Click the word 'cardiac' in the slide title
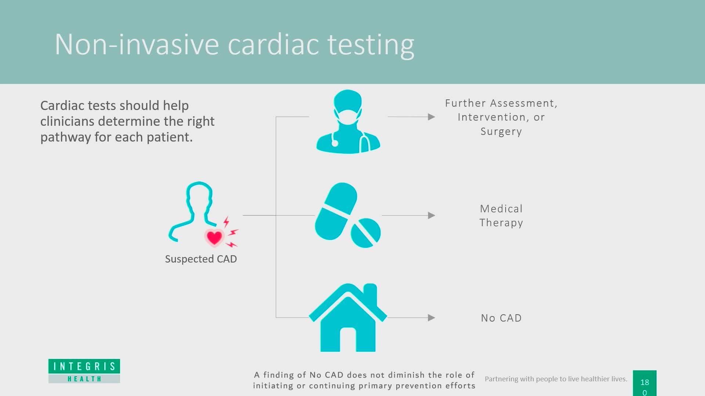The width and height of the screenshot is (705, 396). pos(274,44)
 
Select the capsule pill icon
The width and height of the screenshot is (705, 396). pos(336,211)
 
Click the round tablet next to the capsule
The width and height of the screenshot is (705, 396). pos(366,233)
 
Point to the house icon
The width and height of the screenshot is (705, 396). pos(348,318)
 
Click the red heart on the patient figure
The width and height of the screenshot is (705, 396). pos(214,237)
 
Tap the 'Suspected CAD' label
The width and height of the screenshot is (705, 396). pos(201,259)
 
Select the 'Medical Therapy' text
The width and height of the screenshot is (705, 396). pos(501,216)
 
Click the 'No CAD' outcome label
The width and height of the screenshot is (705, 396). pos(501,318)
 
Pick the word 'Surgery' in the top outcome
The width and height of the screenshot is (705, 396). pos(501,131)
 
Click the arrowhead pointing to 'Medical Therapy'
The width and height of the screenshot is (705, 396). pos(431,215)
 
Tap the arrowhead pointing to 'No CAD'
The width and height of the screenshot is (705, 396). pos(431,318)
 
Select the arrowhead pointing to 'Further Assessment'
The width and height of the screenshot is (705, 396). pos(431,117)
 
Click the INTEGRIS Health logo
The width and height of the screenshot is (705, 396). pos(84,371)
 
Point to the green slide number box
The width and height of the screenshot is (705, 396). pos(644,383)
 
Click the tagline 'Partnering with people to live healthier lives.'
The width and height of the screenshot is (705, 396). pos(556,379)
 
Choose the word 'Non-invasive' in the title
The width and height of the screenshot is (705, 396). pos(137,44)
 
